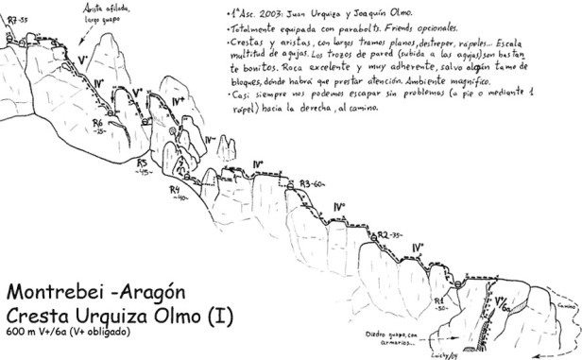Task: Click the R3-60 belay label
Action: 311,182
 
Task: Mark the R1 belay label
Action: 440,297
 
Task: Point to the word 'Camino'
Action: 566,306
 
